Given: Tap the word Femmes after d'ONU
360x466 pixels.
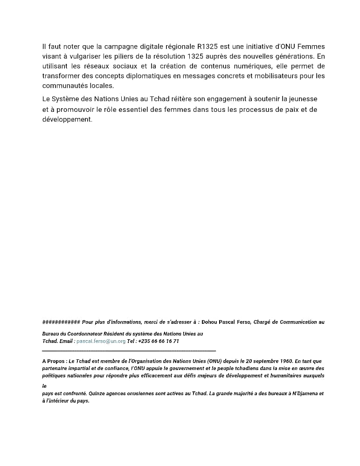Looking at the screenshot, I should [310, 47].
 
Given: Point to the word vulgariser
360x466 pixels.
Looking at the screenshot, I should [88, 56].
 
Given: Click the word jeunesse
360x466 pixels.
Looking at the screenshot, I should [304, 99].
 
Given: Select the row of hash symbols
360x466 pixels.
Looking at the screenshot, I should [61, 322].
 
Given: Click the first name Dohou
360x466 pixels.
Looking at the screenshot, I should [211, 322].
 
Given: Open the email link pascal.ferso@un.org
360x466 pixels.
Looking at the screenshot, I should [101, 341].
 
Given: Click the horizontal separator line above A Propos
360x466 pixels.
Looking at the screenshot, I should [129, 350].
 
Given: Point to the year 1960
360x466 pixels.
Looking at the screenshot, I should [284, 361].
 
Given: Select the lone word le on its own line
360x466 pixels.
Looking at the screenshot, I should [44, 386].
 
